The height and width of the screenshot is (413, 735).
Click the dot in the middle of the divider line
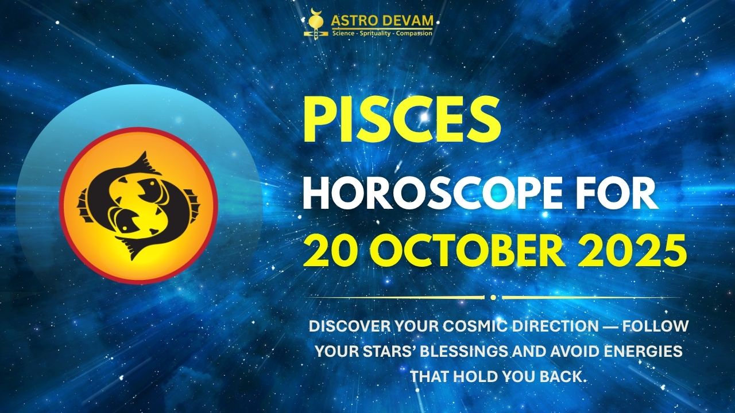(x=493, y=297)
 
